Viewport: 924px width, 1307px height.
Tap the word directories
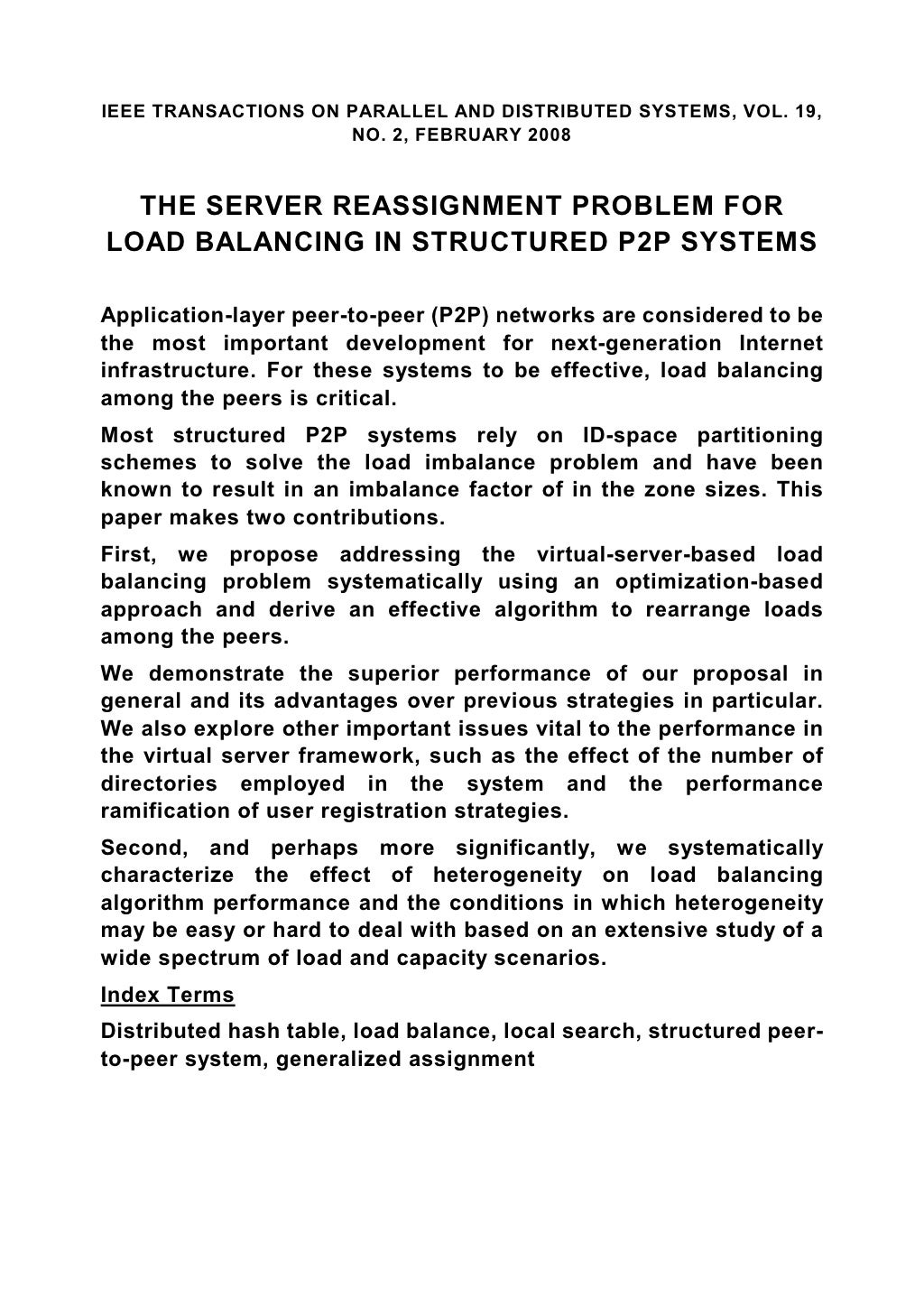159,783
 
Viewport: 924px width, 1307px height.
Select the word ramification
167,811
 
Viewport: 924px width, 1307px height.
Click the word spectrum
200,957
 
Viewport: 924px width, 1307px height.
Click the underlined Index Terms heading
168,995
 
